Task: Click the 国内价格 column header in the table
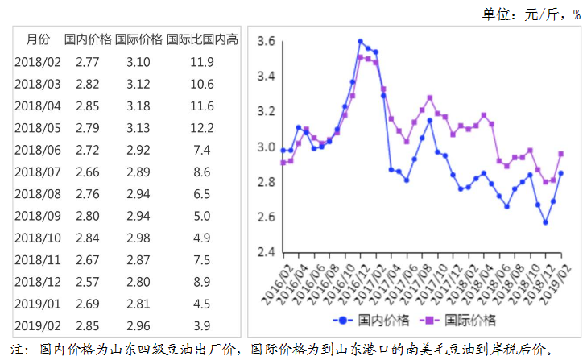tap(88, 39)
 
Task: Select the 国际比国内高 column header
tap(202, 39)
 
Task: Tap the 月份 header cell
tap(38, 39)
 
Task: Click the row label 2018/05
tap(38, 128)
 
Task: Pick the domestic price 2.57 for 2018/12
tap(88, 282)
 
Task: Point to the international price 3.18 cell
tap(138, 106)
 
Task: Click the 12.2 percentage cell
tap(202, 128)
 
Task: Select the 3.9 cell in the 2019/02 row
tap(202, 326)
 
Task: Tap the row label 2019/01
tap(38, 304)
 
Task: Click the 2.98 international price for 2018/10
tap(138, 238)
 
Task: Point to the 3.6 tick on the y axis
tap(267, 41)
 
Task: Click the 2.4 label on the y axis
tap(267, 252)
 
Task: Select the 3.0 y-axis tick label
tap(267, 147)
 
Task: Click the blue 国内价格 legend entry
tap(371, 321)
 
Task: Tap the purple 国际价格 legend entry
tap(458, 321)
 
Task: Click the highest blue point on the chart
tap(361, 42)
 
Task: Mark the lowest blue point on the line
tap(545, 222)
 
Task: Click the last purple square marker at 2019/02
tap(560, 154)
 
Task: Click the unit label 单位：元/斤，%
tap(531, 14)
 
